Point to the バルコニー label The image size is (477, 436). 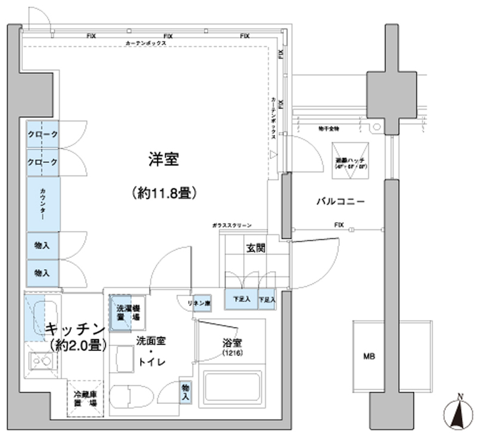(340, 202)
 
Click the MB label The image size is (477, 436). (370, 357)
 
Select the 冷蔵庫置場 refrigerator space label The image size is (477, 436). (86, 398)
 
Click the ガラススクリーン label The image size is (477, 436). (231, 225)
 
